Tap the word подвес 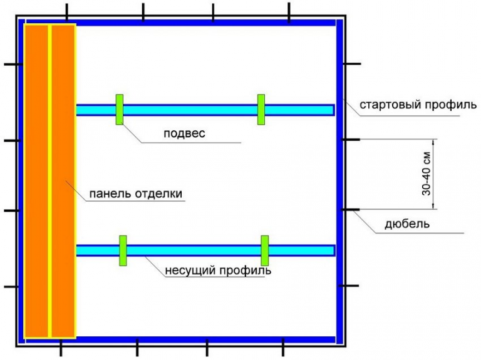pyautogui.click(x=184, y=133)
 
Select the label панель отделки pyautogui.click(x=136, y=193)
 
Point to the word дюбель pyautogui.click(x=408, y=224)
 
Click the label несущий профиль pyautogui.click(x=218, y=272)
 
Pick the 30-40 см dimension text pyautogui.click(x=426, y=173)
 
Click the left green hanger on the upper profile pyautogui.click(x=119, y=110)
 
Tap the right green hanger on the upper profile pyautogui.click(x=261, y=110)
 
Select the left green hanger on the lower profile pyautogui.click(x=123, y=250)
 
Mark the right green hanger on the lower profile pyautogui.click(x=265, y=250)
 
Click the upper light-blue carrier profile pyautogui.click(x=188, y=110)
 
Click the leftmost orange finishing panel pyautogui.click(x=36, y=182)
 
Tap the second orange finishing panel pyautogui.click(x=63, y=182)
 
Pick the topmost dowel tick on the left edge pyautogui.click(x=11, y=64)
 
